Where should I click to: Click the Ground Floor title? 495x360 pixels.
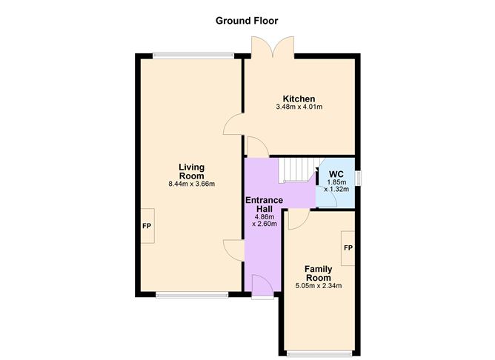(247, 20)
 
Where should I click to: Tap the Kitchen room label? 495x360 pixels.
(299, 99)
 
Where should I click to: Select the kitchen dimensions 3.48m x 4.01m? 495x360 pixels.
(299, 107)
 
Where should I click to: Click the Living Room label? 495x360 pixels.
(191, 171)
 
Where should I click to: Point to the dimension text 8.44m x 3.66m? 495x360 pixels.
(191, 184)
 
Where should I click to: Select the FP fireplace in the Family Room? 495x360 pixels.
(348, 247)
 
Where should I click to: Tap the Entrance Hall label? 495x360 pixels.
(264, 205)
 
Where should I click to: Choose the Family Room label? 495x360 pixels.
(319, 273)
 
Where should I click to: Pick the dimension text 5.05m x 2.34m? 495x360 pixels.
(319, 285)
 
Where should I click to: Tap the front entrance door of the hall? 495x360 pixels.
(262, 285)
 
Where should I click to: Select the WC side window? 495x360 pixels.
(357, 179)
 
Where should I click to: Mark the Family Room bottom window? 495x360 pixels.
(319, 353)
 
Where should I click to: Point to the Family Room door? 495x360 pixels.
(298, 217)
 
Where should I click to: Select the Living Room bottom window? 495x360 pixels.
(192, 295)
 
